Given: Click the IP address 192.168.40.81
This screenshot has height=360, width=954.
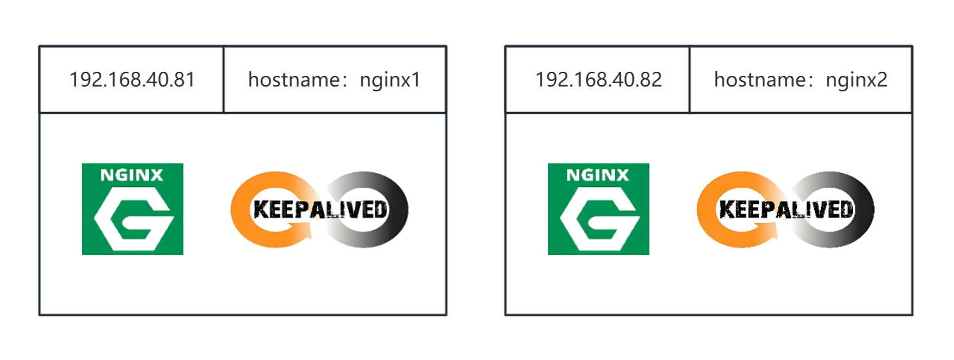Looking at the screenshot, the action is (x=132, y=80).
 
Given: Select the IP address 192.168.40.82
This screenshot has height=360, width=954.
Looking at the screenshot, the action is (x=598, y=80).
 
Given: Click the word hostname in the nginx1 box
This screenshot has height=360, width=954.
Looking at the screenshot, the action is (x=294, y=80).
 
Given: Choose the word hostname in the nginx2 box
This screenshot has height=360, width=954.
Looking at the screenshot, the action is (x=760, y=80).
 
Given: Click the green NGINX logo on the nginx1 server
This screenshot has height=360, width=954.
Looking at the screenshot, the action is (x=132, y=209).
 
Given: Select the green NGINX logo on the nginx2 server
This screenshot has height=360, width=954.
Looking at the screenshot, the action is (x=598, y=209).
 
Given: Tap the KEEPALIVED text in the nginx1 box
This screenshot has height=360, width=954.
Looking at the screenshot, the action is (x=320, y=210).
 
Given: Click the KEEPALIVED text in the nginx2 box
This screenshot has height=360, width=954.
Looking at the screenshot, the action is (x=786, y=210).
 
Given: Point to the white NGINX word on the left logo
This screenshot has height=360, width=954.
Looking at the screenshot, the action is (x=132, y=175).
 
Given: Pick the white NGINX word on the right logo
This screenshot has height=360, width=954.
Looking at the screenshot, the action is (x=598, y=175).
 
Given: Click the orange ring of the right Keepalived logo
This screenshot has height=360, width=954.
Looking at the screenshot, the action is (x=705, y=210).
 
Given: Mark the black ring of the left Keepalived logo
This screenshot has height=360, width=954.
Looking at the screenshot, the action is (x=399, y=210).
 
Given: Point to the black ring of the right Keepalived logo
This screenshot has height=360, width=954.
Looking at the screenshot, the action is (x=865, y=210).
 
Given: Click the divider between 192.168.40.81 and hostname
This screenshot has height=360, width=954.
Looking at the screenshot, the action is (x=224, y=80).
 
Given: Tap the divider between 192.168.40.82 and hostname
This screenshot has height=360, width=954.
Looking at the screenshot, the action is (x=690, y=80).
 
